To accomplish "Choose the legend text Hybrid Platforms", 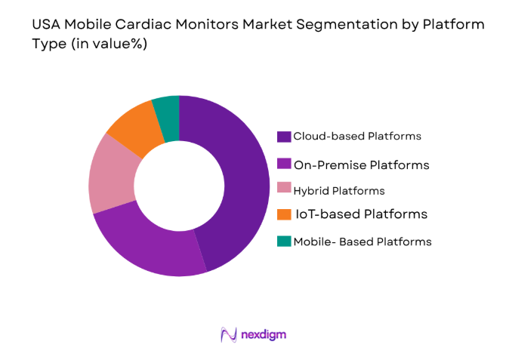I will pos(340,191).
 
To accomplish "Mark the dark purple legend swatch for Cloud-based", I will pos(284,137).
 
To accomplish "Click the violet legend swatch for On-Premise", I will pos(284,163).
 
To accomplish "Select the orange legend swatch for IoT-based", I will pos(284,214).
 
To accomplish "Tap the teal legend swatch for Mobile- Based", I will pos(284,242).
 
